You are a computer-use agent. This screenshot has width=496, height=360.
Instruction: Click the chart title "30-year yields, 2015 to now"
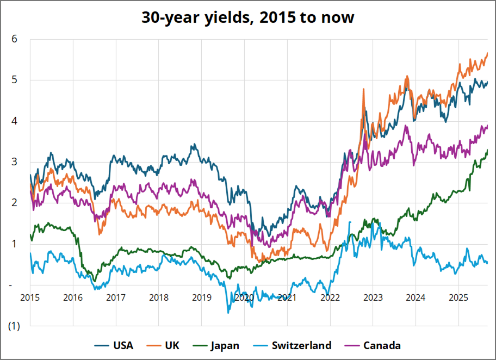coord(248,17)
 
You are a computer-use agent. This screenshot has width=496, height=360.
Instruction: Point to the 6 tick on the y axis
coord(15,39)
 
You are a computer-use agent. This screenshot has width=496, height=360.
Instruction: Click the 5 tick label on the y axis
coord(15,80)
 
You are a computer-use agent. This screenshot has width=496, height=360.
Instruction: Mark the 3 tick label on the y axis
coord(15,162)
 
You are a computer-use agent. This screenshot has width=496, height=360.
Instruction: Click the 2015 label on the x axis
coord(30,297)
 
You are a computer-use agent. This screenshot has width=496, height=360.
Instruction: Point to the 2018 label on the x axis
coord(158,297)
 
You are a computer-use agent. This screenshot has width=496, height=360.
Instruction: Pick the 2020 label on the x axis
coord(244,297)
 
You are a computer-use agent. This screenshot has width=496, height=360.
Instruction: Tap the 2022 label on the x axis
coord(329,297)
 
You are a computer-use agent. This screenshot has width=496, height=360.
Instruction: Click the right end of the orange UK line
coord(487,53)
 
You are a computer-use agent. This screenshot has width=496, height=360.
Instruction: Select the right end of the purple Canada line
coord(487,126)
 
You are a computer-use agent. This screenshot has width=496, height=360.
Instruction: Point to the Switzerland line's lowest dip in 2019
coord(228,312)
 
